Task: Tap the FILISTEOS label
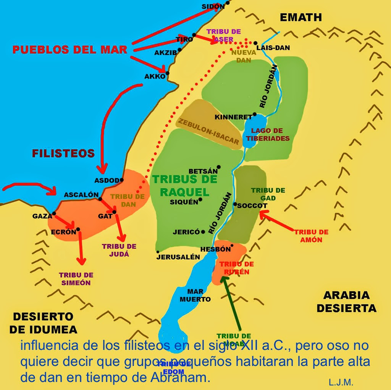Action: point(63,153)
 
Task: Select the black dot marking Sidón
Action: point(227,3)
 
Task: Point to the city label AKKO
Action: point(155,76)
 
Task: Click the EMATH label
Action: point(301,17)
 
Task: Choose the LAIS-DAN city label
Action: point(273,48)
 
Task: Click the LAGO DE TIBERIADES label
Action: point(268,134)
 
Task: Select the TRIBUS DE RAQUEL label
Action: point(185,185)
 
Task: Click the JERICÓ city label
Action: point(186,231)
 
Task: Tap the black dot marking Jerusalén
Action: point(158,251)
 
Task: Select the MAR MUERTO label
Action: point(195,295)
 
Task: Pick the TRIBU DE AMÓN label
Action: point(311,236)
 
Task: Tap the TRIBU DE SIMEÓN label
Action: point(76,279)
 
